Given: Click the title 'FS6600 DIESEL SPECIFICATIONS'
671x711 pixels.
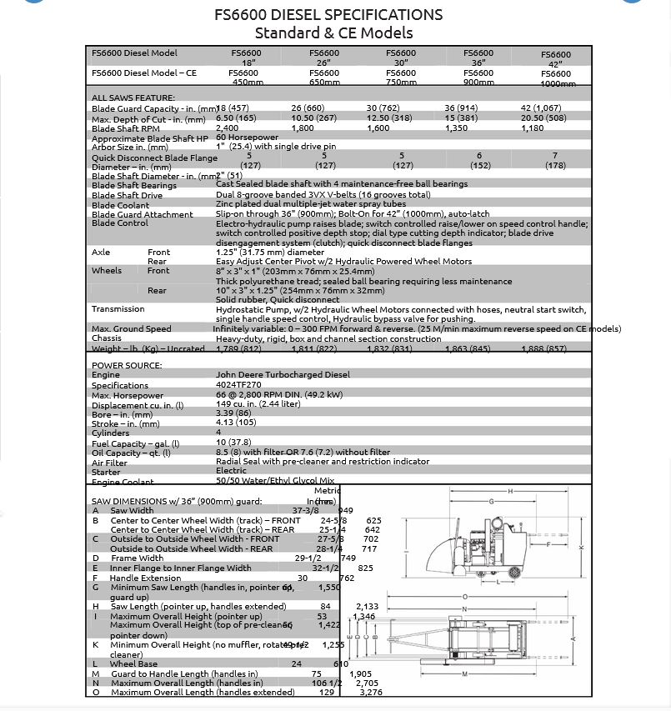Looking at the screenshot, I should tap(333, 15).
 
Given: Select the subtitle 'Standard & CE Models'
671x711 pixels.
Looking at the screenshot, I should tap(333, 33).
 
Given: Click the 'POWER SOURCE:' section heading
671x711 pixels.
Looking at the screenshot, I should tap(127, 365).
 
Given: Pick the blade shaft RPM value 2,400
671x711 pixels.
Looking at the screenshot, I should tap(228, 128).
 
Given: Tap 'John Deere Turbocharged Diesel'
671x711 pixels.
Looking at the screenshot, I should tap(283, 375).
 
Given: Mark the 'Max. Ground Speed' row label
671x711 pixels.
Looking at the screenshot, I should tap(131, 328).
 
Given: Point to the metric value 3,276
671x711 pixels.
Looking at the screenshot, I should tap(371, 692).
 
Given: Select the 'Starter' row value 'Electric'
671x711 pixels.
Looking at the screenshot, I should tap(231, 471).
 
